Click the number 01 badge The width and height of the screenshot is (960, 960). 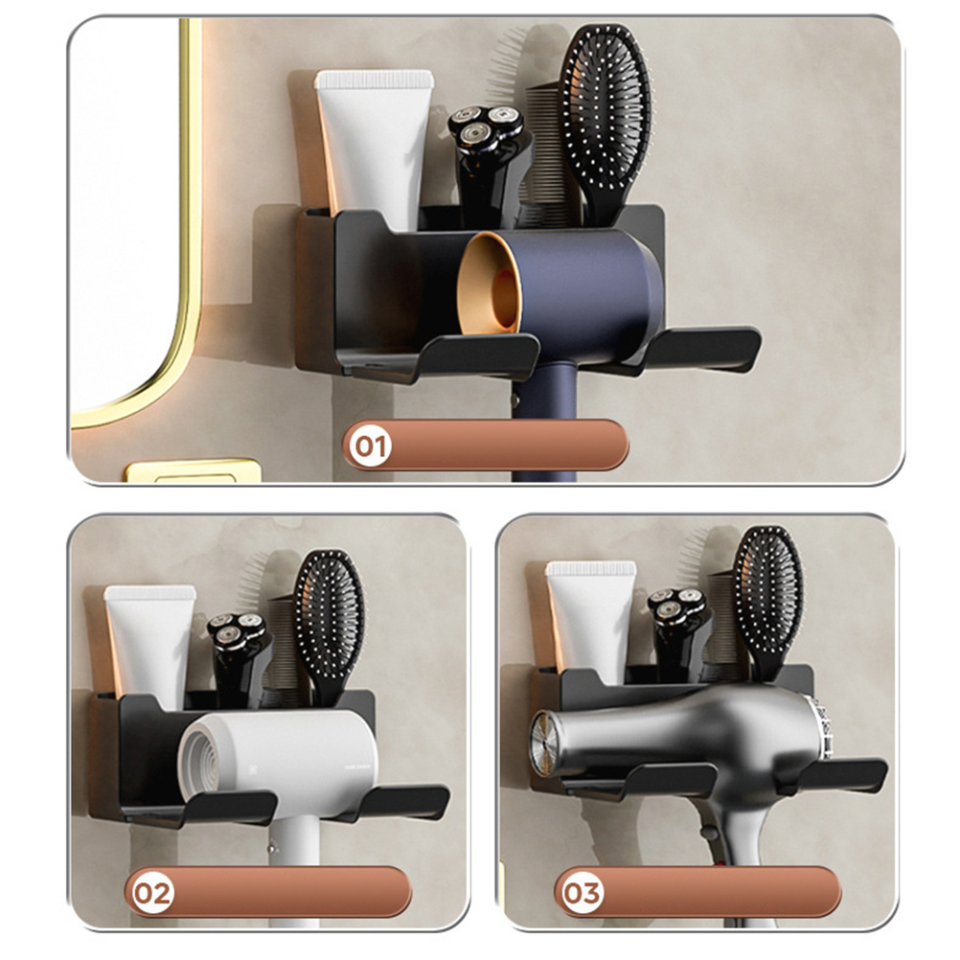tap(371, 446)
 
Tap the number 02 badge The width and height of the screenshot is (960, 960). tap(152, 893)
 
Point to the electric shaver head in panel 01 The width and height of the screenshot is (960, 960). tap(486, 128)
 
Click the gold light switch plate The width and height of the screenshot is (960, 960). tap(193, 470)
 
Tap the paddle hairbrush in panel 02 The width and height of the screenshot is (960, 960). tap(330, 625)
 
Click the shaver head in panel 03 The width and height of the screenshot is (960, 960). tap(677, 604)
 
